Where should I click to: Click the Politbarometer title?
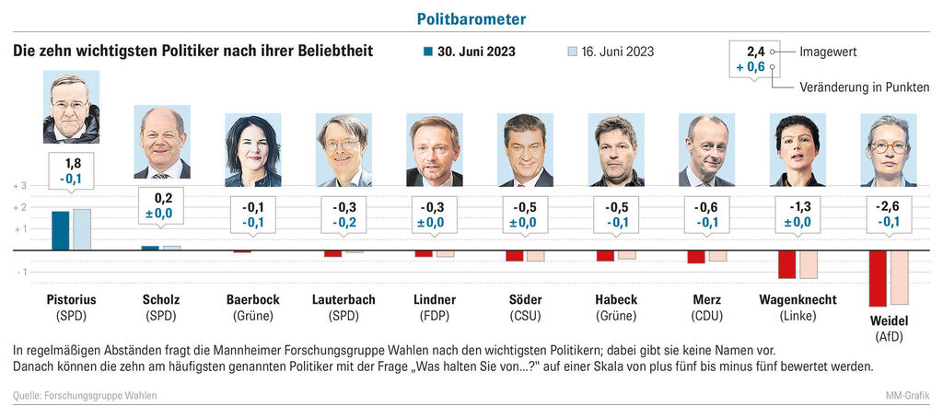tap(471, 18)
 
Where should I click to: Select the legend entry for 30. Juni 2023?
tap(470, 52)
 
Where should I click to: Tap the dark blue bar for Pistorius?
tap(60, 230)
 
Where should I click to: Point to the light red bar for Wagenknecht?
tap(809, 264)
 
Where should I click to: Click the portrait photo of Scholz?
tap(162, 143)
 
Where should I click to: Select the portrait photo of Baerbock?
tap(253, 150)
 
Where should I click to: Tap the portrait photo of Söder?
tap(525, 150)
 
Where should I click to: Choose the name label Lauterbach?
tap(343, 300)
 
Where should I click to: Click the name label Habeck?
tap(616, 300)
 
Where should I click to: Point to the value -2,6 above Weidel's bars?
tap(889, 205)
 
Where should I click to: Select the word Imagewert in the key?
tap(828, 52)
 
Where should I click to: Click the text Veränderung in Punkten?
tap(864, 87)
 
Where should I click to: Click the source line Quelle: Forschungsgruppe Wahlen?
tap(85, 396)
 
